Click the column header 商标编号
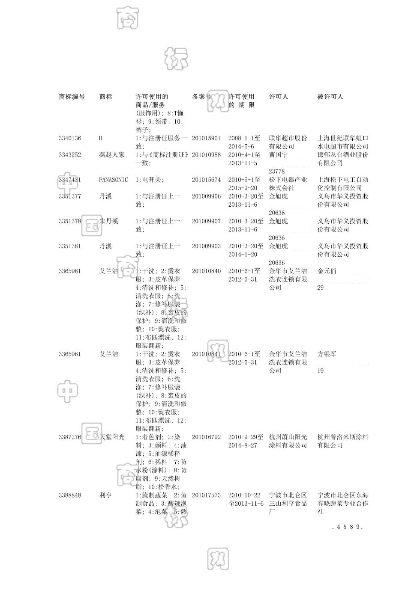click(x=72, y=97)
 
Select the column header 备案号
click(x=201, y=97)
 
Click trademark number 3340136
click(x=70, y=138)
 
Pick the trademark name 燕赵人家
click(x=112, y=155)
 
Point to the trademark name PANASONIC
click(x=113, y=180)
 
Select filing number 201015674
click(x=206, y=180)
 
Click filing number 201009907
click(x=206, y=221)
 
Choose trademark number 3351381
click(x=70, y=246)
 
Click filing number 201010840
click(x=206, y=271)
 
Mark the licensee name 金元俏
click(x=327, y=271)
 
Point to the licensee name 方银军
click(x=327, y=354)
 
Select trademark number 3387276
click(x=70, y=437)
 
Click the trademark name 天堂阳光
click(x=112, y=437)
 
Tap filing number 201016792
click(x=206, y=437)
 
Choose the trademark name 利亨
click(x=105, y=495)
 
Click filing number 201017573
click(x=206, y=495)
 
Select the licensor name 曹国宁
click(x=278, y=155)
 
